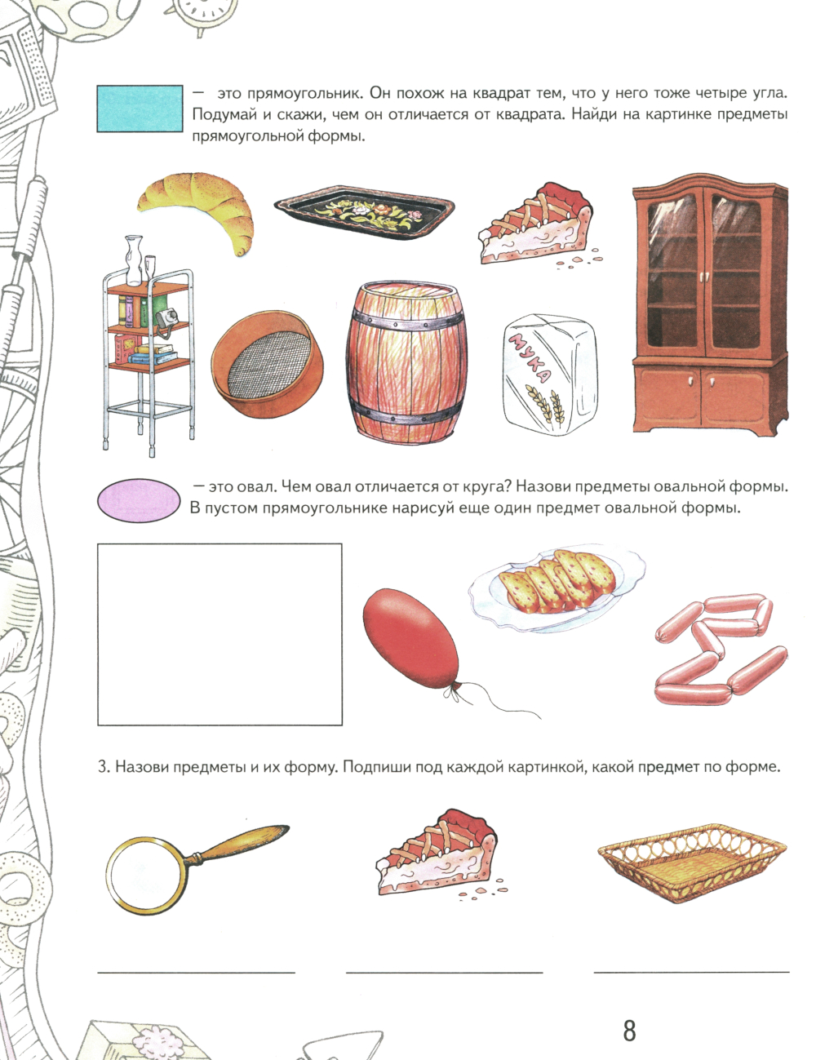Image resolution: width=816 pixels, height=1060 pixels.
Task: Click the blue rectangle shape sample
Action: point(140,109)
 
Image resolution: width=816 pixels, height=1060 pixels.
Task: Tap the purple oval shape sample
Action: point(140,500)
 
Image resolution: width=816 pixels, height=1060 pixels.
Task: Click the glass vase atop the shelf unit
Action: point(134,260)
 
